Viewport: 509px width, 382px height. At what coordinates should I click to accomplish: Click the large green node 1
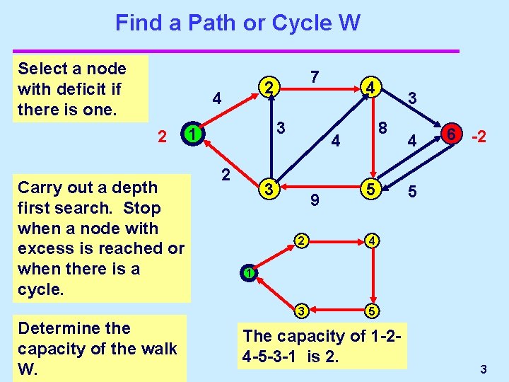coord(191,134)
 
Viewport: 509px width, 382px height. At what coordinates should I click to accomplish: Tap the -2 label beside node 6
coord(479,136)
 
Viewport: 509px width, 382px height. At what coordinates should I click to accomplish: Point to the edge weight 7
coord(316,76)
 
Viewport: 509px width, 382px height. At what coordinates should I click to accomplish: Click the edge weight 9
coord(315,202)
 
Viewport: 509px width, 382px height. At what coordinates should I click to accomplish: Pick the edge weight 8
coord(382,128)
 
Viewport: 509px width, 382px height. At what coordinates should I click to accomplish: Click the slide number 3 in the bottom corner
coord(484,369)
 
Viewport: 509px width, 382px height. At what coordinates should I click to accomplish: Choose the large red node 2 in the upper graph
coord(267,88)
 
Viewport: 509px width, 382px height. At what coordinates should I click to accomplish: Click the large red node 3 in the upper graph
coord(267,189)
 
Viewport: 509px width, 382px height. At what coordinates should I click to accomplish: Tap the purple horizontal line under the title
coord(236,51)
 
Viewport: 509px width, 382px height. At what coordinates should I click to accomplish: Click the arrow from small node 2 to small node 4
coord(336,241)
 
